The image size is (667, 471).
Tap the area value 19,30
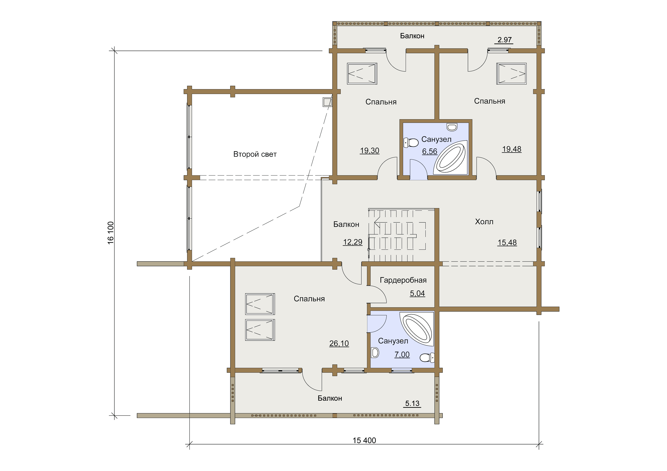(369, 151)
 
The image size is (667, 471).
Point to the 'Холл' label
(484, 222)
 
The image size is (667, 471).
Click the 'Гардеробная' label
(403, 280)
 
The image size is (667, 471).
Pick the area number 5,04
(417, 294)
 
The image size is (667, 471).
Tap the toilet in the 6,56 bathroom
(411, 143)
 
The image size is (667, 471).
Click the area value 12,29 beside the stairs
(353, 242)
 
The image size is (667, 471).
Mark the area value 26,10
(339, 343)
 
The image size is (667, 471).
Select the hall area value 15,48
(507, 242)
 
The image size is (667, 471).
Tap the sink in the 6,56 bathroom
(452, 127)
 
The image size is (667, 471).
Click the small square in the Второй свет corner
(327, 102)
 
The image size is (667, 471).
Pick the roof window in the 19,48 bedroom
(511, 74)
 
